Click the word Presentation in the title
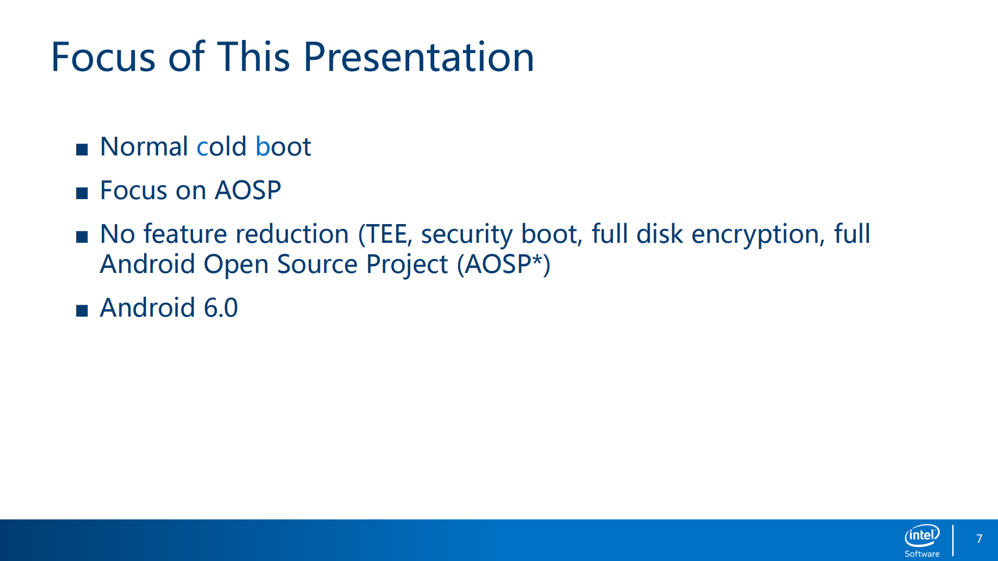(419, 57)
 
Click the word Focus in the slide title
(103, 57)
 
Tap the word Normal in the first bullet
(144, 147)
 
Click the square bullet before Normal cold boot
(82, 150)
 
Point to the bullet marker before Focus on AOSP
(82, 193)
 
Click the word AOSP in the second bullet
(248, 190)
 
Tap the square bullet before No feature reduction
(82, 237)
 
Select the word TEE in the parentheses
(388, 234)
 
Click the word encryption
(758, 234)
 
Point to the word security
(467, 234)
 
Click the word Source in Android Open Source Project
(317, 264)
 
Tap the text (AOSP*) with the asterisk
(503, 264)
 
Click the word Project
(407, 264)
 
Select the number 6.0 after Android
(221, 308)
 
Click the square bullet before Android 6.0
(82, 311)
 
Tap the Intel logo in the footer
(922, 536)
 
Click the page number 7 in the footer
(979, 539)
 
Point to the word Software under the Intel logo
(922, 554)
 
